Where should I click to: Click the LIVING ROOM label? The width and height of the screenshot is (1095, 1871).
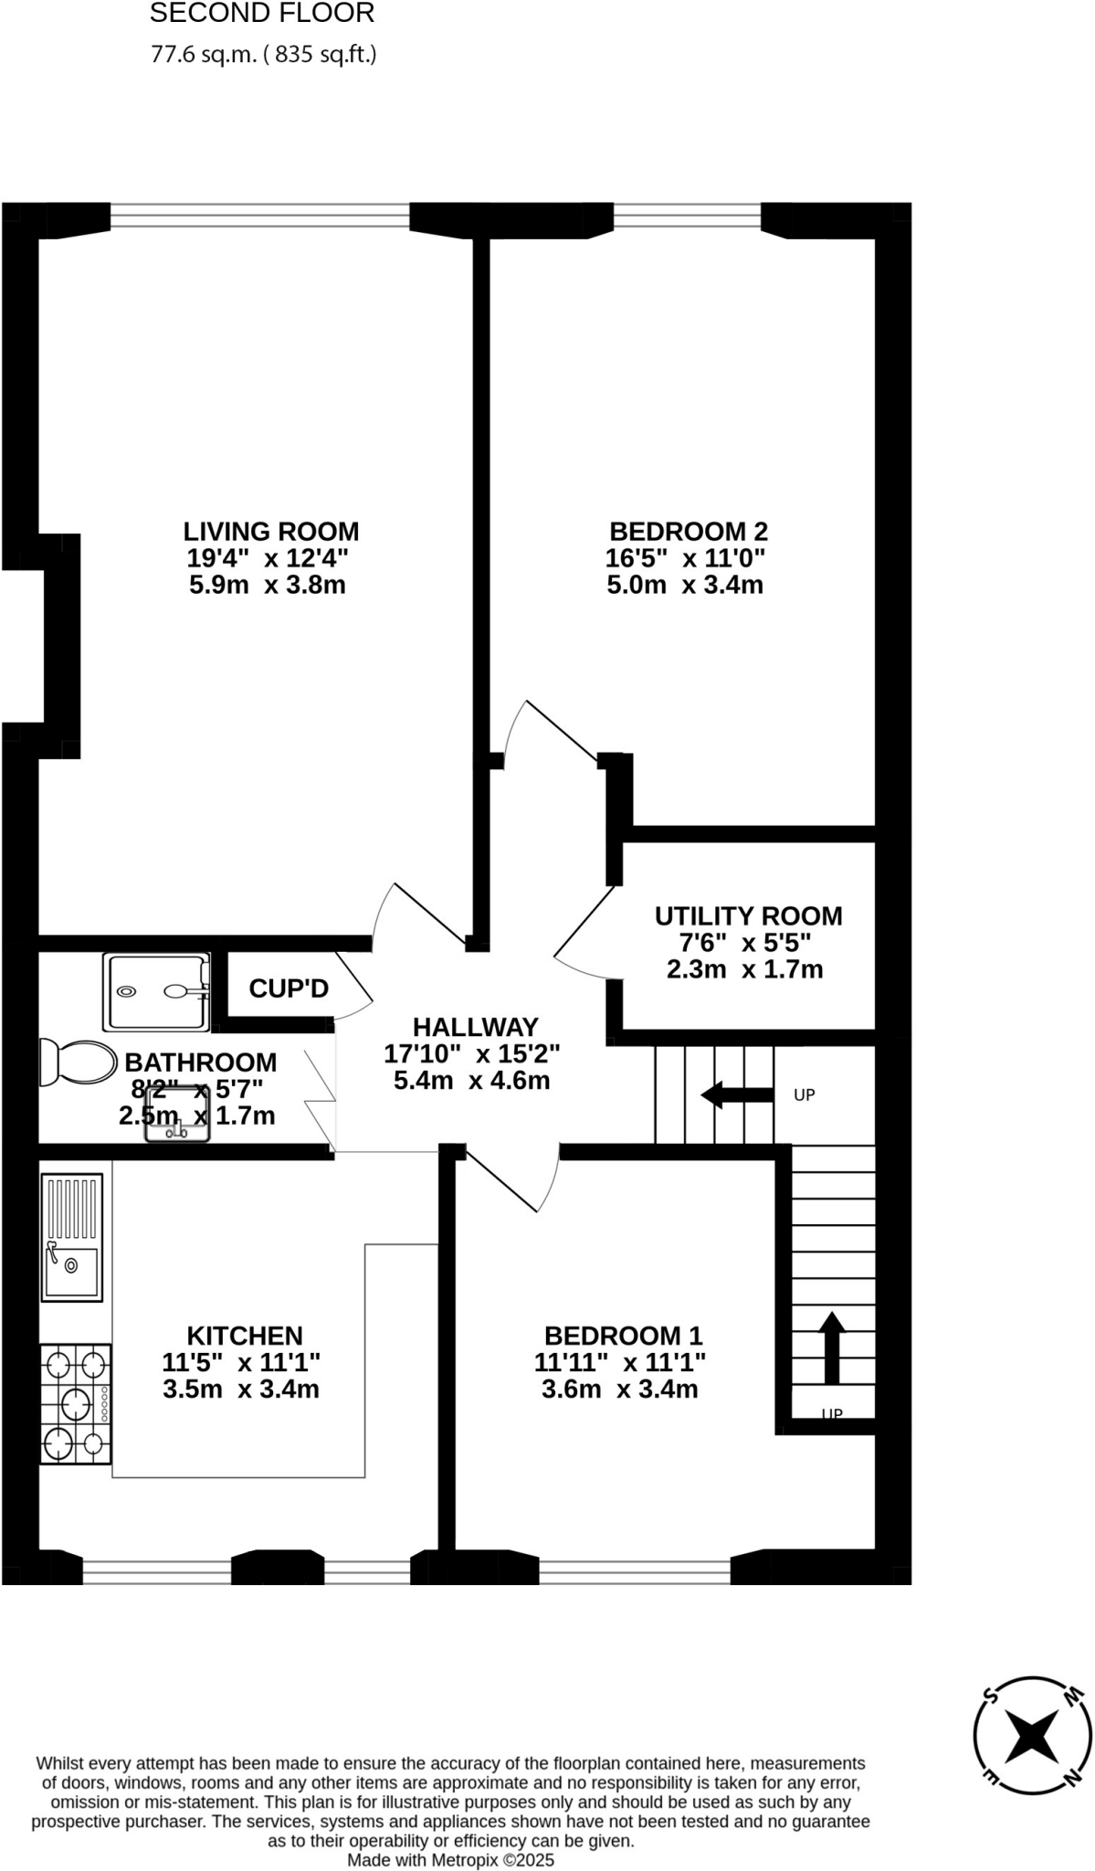pos(271,531)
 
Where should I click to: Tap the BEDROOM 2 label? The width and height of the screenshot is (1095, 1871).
pos(688,531)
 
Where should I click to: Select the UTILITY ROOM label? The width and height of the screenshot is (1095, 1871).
pos(748,915)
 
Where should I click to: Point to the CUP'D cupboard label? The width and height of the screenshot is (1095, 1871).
pos(289,988)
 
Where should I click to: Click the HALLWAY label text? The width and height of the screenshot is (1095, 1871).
pos(475,1027)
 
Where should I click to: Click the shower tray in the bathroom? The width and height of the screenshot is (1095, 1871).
pos(155,991)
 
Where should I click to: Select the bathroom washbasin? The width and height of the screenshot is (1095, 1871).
pos(177,1115)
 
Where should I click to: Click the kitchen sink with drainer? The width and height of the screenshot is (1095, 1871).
pos(72,1237)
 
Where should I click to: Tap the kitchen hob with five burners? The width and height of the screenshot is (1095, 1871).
pos(76,1403)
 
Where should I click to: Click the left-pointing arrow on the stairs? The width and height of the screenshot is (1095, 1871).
pos(736,1094)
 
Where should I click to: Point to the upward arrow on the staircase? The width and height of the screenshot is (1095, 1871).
pos(831,1347)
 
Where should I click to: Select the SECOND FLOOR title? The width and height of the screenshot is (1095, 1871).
pos(262,14)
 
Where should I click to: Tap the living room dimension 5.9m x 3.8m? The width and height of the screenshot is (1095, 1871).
pos(268,585)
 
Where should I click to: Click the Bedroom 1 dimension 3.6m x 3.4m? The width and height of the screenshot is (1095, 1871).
pos(620,1390)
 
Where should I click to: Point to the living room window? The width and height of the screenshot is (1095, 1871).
pos(260,216)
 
